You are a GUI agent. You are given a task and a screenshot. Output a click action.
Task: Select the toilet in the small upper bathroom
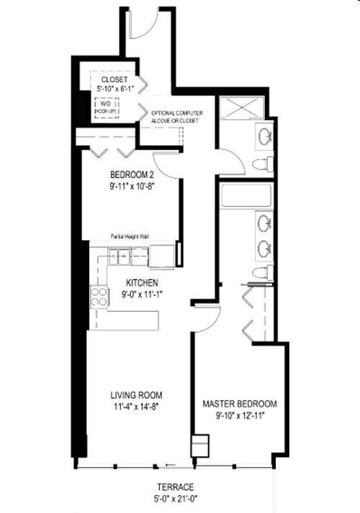(264, 163)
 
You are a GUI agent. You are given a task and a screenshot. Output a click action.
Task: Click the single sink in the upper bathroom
(264, 134)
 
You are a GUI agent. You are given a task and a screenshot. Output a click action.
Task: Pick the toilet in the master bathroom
(263, 272)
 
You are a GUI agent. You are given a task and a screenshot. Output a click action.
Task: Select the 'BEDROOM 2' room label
(132, 175)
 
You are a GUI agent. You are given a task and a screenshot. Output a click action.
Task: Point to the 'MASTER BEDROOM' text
(240, 404)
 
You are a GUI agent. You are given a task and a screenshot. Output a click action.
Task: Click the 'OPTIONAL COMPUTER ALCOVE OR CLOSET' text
(176, 117)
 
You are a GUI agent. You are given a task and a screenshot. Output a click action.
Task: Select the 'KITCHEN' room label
(141, 282)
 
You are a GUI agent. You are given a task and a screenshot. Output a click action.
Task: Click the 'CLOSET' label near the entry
(114, 79)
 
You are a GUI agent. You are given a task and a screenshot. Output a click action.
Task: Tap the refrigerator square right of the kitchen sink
(162, 254)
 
